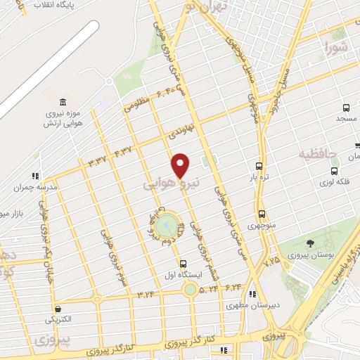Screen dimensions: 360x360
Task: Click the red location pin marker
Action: (x=181, y=165)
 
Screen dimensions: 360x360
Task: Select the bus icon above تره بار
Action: (x=260, y=167)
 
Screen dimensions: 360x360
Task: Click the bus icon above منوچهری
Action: (x=262, y=214)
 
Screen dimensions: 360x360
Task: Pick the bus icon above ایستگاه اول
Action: (x=184, y=264)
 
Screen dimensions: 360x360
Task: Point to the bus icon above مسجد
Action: (x=346, y=108)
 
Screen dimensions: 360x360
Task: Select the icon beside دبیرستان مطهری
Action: (x=252, y=295)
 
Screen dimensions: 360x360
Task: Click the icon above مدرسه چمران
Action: (x=35, y=177)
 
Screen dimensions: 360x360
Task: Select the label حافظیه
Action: (x=319, y=153)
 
